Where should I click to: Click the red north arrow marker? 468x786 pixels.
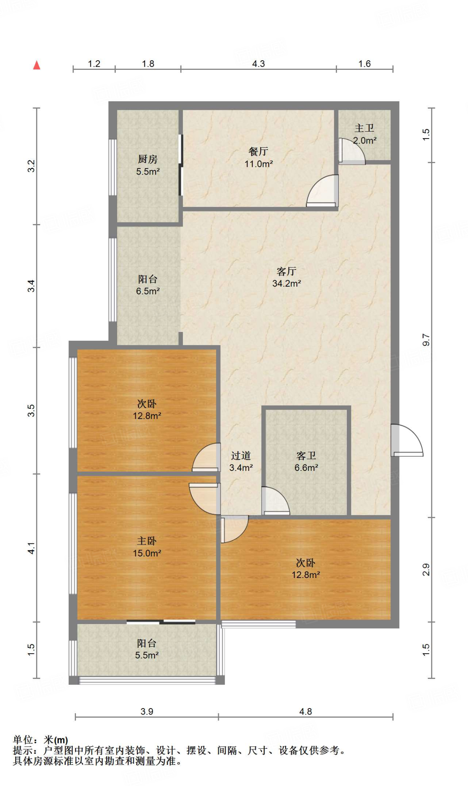[x=37, y=65]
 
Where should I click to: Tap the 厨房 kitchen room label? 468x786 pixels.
[x=148, y=165]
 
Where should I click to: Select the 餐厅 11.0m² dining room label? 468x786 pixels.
[x=259, y=157]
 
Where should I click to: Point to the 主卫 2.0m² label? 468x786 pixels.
[x=365, y=134]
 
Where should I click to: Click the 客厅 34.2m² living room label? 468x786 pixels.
[x=286, y=277]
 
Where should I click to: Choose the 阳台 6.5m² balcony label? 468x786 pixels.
[x=148, y=285]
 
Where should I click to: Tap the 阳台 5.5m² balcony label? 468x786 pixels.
[x=147, y=649]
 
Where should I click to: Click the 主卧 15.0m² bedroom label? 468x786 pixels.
[x=147, y=547]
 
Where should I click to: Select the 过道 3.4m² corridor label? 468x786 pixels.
[x=241, y=461]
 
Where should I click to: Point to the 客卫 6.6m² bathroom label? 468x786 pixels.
[x=306, y=461]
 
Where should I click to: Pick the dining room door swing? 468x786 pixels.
[x=322, y=191]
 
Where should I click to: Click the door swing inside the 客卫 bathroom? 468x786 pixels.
[x=276, y=501]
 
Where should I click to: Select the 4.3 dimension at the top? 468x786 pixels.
[x=258, y=64]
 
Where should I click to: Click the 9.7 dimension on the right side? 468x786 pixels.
[x=426, y=340]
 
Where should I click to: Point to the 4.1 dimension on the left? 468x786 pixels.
[x=31, y=548]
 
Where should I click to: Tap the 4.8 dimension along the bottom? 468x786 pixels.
[x=305, y=712]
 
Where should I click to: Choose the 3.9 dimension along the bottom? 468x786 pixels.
[x=147, y=712]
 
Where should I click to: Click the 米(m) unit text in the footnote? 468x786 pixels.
[x=56, y=740]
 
